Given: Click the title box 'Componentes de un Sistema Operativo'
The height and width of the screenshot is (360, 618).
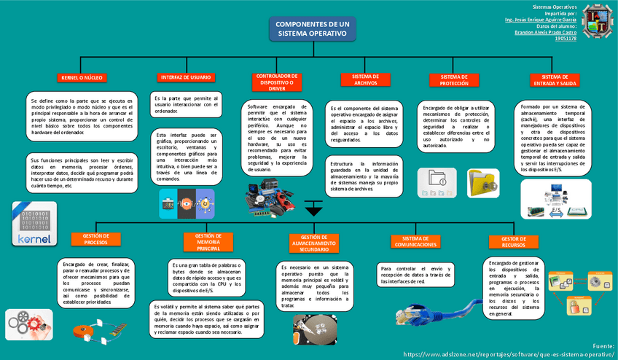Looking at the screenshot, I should pyautogui.click(x=312, y=30).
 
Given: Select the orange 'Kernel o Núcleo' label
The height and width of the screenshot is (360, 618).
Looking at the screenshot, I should pyautogui.click(x=80, y=77).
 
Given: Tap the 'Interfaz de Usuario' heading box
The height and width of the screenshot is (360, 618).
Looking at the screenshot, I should pyautogui.click(x=185, y=77).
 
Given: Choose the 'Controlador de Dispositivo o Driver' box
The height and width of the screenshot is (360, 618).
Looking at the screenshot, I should pyautogui.click(x=275, y=81).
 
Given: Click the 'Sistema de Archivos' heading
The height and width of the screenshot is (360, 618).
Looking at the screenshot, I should pyautogui.click(x=365, y=79).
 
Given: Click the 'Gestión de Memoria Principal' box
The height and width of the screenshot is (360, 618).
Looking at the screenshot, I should pyautogui.click(x=208, y=243).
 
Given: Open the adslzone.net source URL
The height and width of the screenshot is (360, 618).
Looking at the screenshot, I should pyautogui.click(x=508, y=353).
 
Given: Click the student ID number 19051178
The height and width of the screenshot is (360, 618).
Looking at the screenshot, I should pyautogui.click(x=566, y=39).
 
